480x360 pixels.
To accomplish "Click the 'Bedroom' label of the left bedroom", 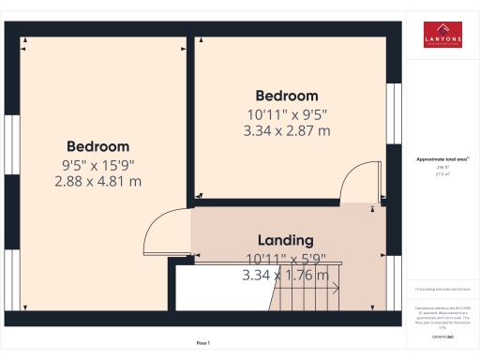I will [x=97, y=146].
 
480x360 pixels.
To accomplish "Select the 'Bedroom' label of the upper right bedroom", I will [x=287, y=96].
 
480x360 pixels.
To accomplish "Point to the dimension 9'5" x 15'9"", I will [x=97, y=164].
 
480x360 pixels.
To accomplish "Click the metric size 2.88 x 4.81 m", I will [x=97, y=181].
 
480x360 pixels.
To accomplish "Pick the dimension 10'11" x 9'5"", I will [x=287, y=114].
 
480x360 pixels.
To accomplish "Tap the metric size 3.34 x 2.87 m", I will [x=288, y=131].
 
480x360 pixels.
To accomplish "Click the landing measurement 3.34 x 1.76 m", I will [x=286, y=276].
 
